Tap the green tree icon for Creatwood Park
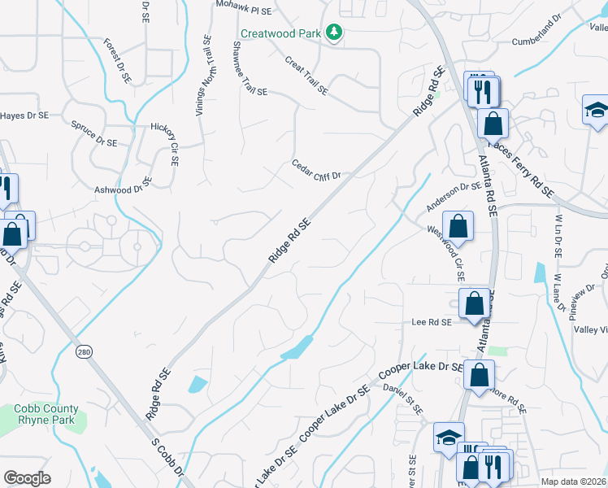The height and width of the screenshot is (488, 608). click(x=332, y=33)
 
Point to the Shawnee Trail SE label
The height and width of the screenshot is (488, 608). click(x=250, y=69)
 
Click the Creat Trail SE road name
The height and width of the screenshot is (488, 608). click(x=306, y=76)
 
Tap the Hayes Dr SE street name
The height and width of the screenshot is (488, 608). click(x=24, y=115)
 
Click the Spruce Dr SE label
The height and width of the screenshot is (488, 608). click(x=94, y=134)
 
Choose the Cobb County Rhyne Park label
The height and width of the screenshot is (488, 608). click(x=46, y=414)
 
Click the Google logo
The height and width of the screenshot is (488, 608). click(x=27, y=478)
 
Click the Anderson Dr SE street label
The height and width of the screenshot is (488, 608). click(x=454, y=196)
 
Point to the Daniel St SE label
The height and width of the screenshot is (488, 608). click(x=405, y=399)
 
